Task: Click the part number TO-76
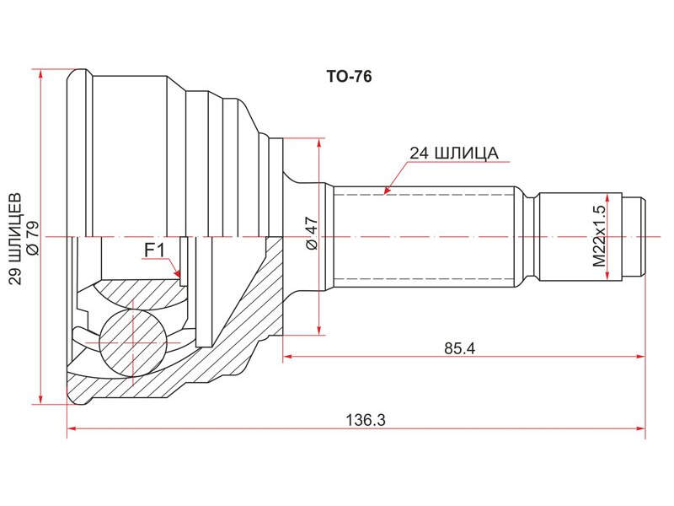(x=349, y=77)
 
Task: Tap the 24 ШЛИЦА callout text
(x=454, y=153)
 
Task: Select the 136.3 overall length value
(x=366, y=419)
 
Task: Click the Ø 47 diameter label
(x=312, y=233)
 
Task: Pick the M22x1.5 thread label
(x=599, y=235)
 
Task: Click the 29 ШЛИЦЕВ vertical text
(x=15, y=240)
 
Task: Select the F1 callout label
(x=154, y=250)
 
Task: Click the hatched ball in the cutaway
(x=133, y=342)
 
